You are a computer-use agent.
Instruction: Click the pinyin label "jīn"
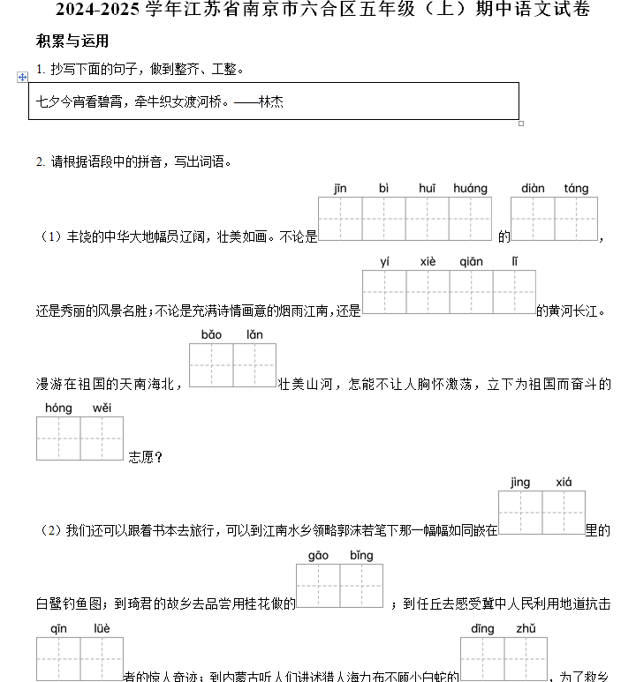coord(340,189)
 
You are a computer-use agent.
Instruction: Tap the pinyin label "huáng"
coord(470,189)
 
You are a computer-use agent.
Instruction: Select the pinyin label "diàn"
coord(533,189)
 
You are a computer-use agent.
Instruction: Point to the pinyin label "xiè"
coord(428,262)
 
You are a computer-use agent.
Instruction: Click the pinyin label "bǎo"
coord(211,335)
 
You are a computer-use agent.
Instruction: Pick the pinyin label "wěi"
coord(102,408)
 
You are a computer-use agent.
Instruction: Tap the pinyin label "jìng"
coord(520,482)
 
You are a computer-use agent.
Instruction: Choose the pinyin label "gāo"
coord(318,556)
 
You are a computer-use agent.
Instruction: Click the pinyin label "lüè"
coord(102,629)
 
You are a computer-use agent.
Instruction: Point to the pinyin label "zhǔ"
coord(526,629)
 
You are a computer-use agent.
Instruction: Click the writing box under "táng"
coord(576,219)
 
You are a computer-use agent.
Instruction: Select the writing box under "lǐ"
coord(514,292)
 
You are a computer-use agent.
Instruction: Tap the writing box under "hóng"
coord(58,438)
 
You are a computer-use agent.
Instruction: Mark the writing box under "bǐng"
coord(361,586)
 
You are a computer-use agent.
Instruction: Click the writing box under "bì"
coord(383,219)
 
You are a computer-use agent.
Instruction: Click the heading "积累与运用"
coord(72,41)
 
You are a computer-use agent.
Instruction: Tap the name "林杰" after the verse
coord(271,102)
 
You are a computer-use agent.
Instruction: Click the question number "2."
coord(41,161)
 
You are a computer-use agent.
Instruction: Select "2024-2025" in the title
coord(99,11)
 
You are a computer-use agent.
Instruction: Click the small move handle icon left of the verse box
coord(23,78)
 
